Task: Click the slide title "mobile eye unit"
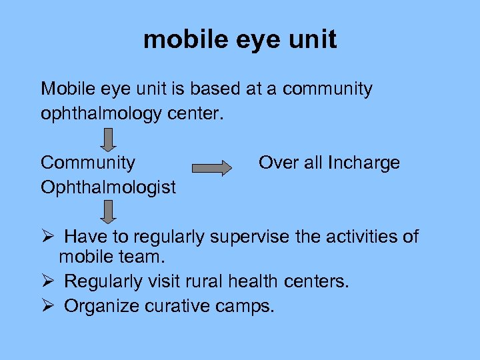240,40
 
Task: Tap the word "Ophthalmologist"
108,187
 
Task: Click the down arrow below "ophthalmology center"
108,139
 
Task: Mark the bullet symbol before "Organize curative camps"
47,307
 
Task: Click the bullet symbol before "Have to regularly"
47,237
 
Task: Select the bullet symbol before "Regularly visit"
47,281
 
